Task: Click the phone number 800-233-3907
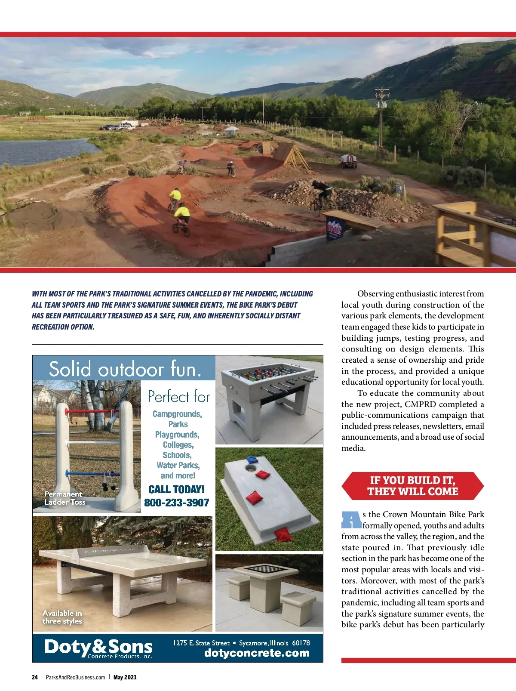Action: [176, 503]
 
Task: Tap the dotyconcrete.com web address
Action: [257, 653]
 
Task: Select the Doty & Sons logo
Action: [98, 648]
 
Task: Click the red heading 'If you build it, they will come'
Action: [412, 486]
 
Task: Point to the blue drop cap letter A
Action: [351, 520]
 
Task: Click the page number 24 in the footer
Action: [34, 677]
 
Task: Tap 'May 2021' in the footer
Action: [125, 677]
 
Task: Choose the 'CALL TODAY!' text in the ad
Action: [176, 489]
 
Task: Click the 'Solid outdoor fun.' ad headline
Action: [125, 369]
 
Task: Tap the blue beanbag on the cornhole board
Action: [251, 460]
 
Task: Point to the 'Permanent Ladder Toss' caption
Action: [65, 498]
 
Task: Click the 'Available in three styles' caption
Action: [62, 617]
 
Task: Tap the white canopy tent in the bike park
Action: [231, 130]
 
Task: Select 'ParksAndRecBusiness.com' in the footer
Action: [75, 677]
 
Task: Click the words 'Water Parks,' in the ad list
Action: [178, 465]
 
